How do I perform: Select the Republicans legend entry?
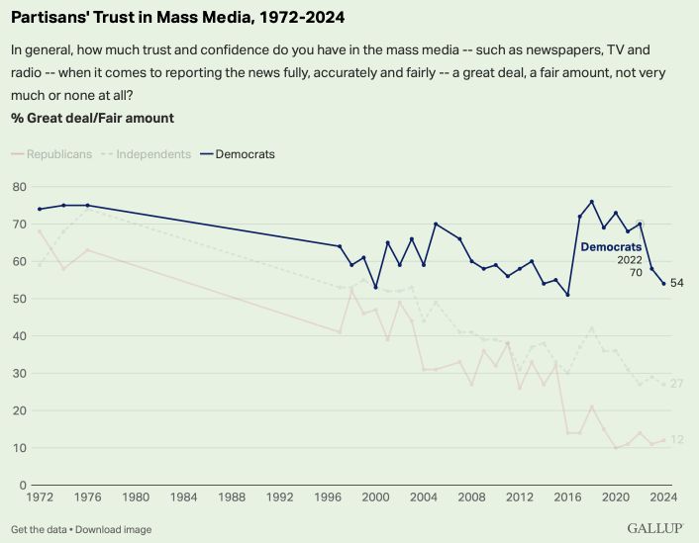tap(60, 154)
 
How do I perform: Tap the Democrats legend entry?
tap(244, 154)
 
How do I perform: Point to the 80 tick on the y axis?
tap(19, 186)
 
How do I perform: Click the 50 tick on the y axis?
tap(19, 299)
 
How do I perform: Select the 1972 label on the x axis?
tap(40, 499)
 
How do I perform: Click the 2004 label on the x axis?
tap(424, 499)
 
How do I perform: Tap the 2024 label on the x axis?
tap(663, 499)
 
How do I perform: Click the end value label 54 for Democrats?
tap(677, 284)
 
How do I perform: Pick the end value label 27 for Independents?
tap(677, 384)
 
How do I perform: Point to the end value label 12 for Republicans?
tap(677, 440)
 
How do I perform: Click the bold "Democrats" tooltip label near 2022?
tap(611, 246)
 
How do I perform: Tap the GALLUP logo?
tap(655, 528)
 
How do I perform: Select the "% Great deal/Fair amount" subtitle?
tap(92, 118)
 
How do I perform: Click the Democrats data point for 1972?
tap(40, 209)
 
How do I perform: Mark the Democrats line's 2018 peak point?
tap(591, 202)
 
